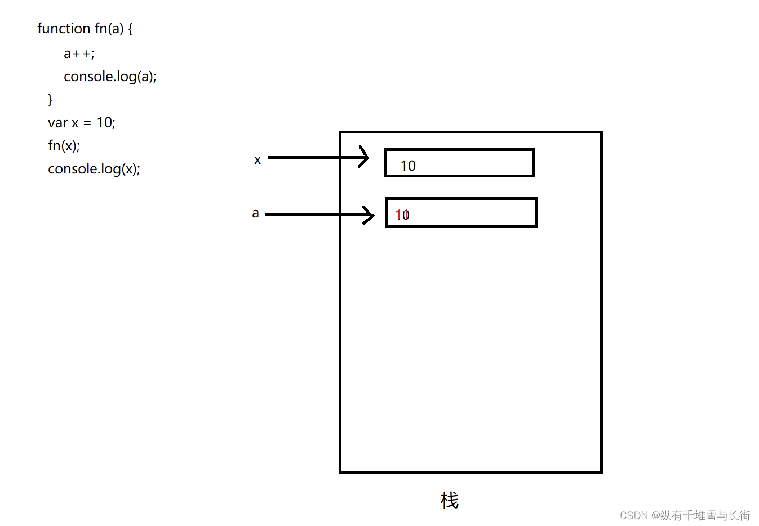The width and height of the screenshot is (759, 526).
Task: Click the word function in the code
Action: click(64, 29)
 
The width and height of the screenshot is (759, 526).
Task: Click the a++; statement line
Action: click(79, 54)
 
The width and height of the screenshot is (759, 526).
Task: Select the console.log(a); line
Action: click(110, 77)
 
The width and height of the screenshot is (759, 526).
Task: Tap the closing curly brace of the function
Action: click(50, 100)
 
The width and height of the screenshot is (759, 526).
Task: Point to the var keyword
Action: click(57, 123)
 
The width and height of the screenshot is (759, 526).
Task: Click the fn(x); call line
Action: click(64, 146)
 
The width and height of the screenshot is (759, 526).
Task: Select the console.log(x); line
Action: click(94, 169)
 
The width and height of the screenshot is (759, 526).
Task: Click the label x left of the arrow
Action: click(258, 160)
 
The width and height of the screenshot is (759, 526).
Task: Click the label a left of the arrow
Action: click(255, 213)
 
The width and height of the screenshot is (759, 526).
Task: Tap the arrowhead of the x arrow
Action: click(365, 157)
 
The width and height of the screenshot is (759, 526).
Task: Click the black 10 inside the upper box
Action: click(408, 166)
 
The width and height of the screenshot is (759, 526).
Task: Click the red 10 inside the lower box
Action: click(402, 215)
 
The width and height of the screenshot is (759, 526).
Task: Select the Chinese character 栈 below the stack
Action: click(450, 500)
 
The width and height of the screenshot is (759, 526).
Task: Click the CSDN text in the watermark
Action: click(634, 516)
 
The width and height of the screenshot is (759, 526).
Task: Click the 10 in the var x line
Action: click(104, 123)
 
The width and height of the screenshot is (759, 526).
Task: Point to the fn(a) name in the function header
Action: click(109, 29)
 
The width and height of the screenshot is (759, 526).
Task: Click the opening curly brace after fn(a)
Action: click(130, 29)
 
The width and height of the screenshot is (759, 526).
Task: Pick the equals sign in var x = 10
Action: click(87, 123)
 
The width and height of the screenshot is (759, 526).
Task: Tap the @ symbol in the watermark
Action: click(656, 516)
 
